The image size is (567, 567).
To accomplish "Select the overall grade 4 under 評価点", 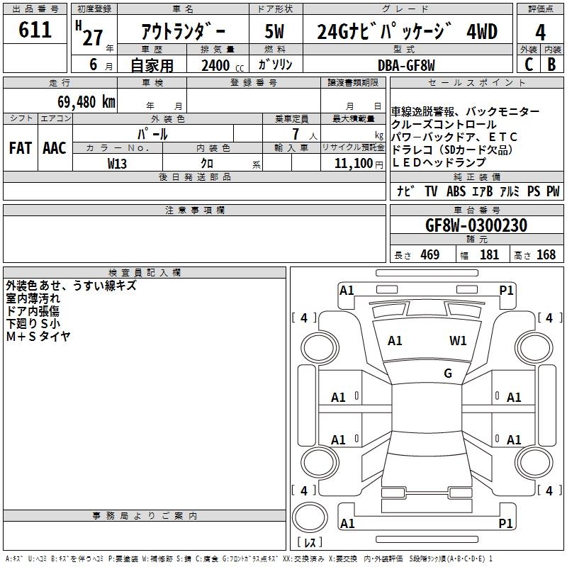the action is pyautogui.click(x=540, y=33).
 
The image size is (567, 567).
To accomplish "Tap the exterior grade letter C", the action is pyautogui.click(x=528, y=64).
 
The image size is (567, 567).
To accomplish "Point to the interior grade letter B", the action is pyautogui.click(x=551, y=64).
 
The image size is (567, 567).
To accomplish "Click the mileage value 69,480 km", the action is pyautogui.click(x=82, y=101).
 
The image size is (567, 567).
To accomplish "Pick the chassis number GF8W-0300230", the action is pyautogui.click(x=476, y=225).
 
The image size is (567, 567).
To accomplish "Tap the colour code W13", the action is pyautogui.click(x=118, y=163).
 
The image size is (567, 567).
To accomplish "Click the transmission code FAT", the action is pyautogui.click(x=20, y=147).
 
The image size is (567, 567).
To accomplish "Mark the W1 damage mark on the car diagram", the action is pyautogui.click(x=458, y=340).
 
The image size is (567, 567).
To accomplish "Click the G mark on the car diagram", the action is pyautogui.click(x=448, y=374).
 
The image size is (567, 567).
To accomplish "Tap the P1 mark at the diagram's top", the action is pyautogui.click(x=506, y=290).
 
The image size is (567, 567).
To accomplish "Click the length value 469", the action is pyautogui.click(x=430, y=254).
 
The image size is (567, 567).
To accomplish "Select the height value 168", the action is pyautogui.click(x=546, y=254).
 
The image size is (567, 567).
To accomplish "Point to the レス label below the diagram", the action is pyautogui.click(x=310, y=542).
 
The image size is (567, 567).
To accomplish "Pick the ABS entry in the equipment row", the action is pyautogui.click(x=456, y=191).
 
